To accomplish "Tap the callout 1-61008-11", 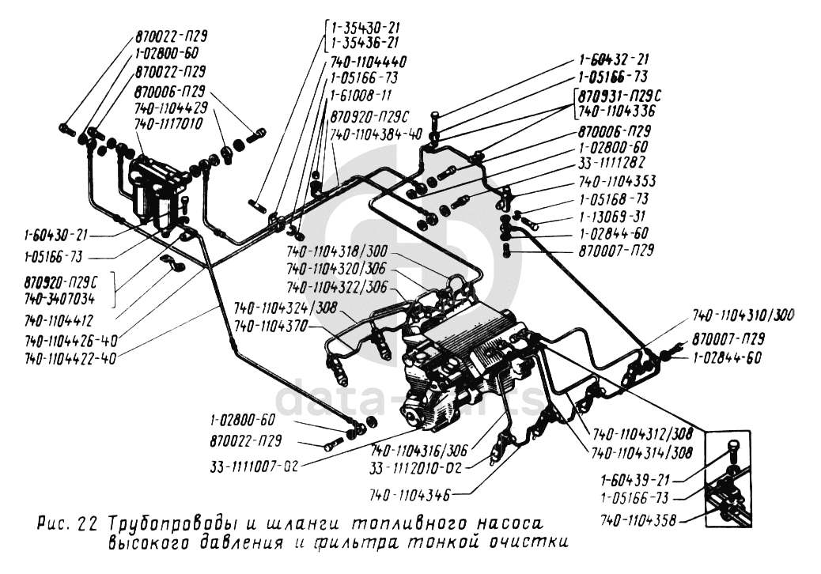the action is (x=360, y=96).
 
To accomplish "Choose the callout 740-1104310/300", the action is (x=742, y=315).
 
